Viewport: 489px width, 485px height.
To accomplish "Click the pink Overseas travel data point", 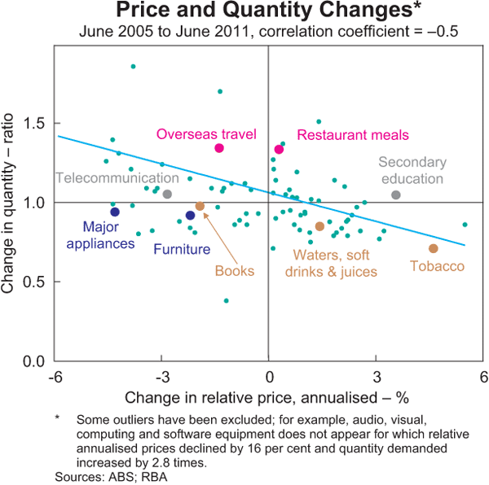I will [x=219, y=148].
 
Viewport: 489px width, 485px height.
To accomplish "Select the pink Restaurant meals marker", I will [x=279, y=149].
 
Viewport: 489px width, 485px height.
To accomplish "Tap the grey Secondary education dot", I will [x=396, y=194].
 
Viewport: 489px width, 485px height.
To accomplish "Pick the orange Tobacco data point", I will [x=434, y=248].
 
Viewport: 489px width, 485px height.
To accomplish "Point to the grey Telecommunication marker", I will [x=167, y=194].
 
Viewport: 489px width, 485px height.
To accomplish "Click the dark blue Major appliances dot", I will [x=115, y=212].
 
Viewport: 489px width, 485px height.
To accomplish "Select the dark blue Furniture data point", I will [x=191, y=216].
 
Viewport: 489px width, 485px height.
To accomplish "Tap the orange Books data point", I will [x=200, y=207].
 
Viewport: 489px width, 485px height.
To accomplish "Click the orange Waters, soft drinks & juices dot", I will [x=319, y=226].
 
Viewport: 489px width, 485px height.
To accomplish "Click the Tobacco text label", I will [x=437, y=266].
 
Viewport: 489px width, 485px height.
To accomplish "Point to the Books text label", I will [x=235, y=271].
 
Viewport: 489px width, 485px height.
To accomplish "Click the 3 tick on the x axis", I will [x=377, y=376].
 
